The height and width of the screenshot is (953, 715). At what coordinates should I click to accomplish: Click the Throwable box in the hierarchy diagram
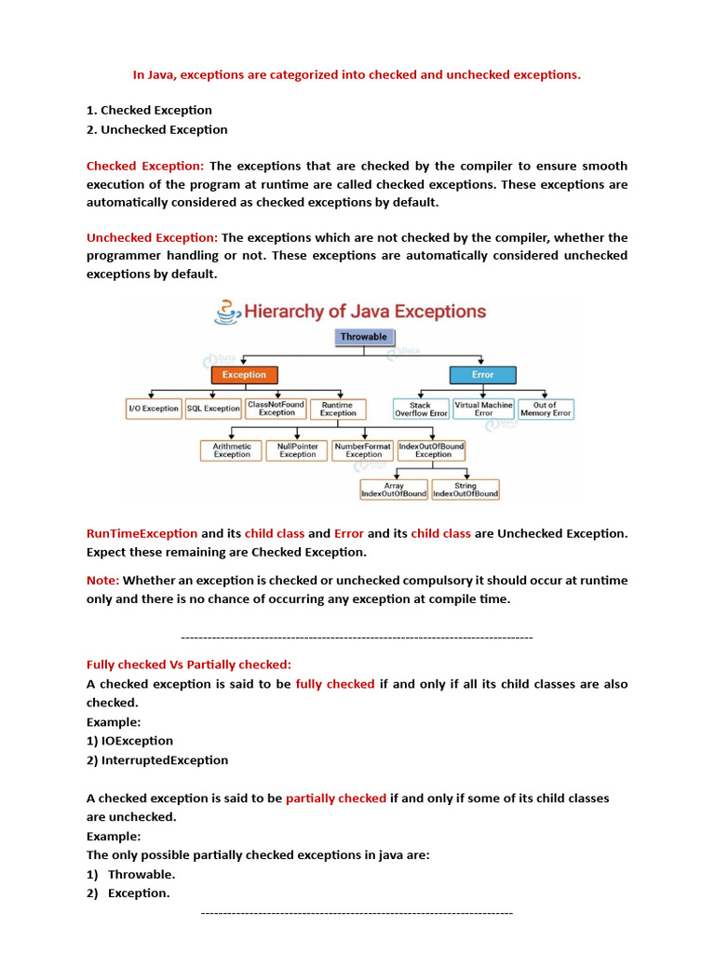click(x=363, y=337)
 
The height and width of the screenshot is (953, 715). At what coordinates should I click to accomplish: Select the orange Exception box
click(x=244, y=374)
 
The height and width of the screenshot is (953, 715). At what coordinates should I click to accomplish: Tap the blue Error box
click(x=482, y=374)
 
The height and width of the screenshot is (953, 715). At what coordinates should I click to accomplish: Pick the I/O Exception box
click(x=154, y=409)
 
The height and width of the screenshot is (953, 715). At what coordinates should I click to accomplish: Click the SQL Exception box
click(x=213, y=409)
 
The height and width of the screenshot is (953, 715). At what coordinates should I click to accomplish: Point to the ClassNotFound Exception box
click(x=277, y=409)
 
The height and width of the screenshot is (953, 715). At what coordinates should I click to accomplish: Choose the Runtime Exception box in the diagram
click(x=337, y=409)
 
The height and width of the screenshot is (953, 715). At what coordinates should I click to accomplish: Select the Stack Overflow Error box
click(x=421, y=409)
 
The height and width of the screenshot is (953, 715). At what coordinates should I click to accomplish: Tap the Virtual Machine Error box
click(x=483, y=409)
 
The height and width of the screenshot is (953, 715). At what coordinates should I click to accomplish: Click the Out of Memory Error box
click(x=546, y=409)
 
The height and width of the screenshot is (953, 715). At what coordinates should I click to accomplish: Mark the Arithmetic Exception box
click(x=232, y=450)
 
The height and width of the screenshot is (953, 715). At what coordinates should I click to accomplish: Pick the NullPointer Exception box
click(x=298, y=450)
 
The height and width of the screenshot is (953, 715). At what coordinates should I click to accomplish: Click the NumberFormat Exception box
click(x=363, y=450)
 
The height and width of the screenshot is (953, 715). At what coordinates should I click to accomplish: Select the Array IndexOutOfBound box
click(x=394, y=490)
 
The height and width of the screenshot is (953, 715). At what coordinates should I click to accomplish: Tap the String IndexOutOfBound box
click(x=465, y=490)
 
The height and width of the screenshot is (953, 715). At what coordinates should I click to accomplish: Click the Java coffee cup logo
click(x=225, y=311)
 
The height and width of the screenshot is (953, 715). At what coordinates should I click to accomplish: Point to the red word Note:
click(x=103, y=580)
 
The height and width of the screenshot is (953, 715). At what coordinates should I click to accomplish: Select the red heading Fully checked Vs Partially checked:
click(x=189, y=664)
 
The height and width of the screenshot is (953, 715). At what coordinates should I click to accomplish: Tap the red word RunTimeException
click(x=142, y=533)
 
